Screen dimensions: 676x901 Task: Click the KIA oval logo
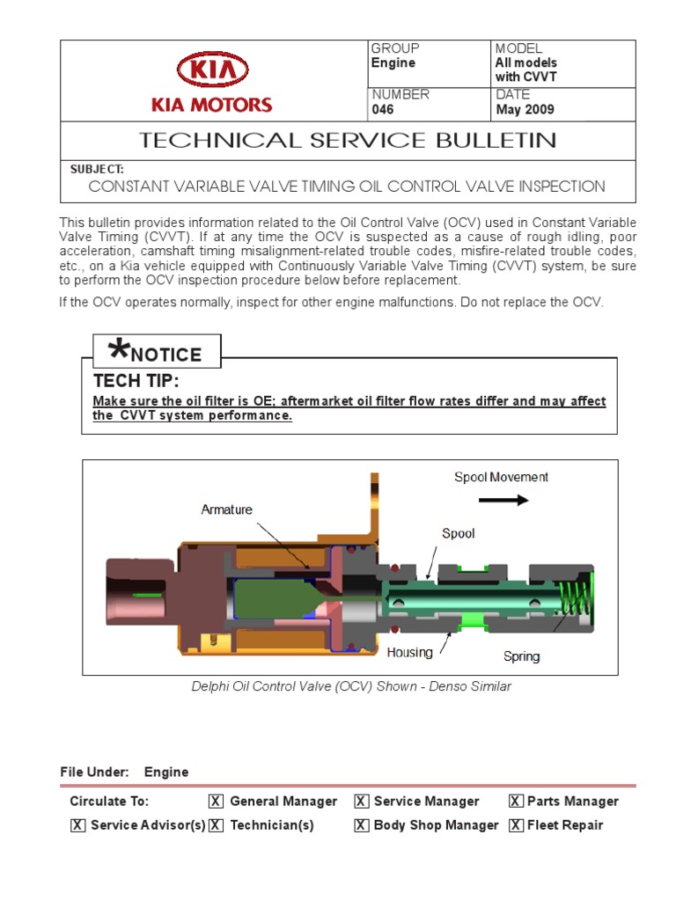coord(212,70)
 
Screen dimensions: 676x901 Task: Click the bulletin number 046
coord(383,110)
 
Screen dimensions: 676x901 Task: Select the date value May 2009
coord(525,110)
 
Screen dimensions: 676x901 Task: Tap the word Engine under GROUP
coord(393,63)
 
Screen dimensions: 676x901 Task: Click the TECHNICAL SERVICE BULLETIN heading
coord(349,140)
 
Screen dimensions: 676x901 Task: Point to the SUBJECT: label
coord(97,168)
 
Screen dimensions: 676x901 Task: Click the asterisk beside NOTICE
coord(116,350)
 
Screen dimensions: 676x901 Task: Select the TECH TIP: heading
coord(136,381)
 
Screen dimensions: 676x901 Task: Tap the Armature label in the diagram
coord(226,509)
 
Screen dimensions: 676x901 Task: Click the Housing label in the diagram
coord(409,652)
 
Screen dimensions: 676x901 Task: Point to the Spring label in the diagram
coord(521,656)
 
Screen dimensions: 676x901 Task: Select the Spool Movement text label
coord(501,477)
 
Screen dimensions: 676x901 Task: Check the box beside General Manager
coord(216,801)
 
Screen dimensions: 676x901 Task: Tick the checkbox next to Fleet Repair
coord(516,825)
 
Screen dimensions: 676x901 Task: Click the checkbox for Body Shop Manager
coord(361,825)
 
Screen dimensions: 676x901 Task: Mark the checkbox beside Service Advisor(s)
coord(78,825)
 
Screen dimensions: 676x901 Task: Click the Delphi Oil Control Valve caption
coord(351,686)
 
